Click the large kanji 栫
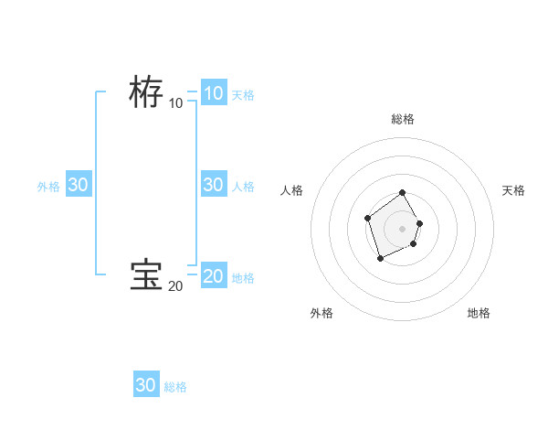point(146,91)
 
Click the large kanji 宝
point(146,274)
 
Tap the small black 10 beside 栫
point(175,102)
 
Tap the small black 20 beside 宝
point(175,286)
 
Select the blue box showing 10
point(213,92)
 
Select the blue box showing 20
point(213,275)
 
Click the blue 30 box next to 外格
point(78,184)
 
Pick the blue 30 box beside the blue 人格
point(213,184)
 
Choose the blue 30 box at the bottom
point(145,385)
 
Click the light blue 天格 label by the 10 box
point(243,94)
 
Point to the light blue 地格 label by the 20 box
point(243,277)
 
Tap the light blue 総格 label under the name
point(175,387)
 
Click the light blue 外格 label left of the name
point(48,186)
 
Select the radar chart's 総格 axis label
point(403,119)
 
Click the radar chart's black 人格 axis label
point(292,190)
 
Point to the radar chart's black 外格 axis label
point(321,313)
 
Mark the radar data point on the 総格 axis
point(403,193)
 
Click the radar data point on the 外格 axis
point(381,259)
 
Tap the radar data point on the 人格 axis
point(367,218)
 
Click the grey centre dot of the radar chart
point(403,229)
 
